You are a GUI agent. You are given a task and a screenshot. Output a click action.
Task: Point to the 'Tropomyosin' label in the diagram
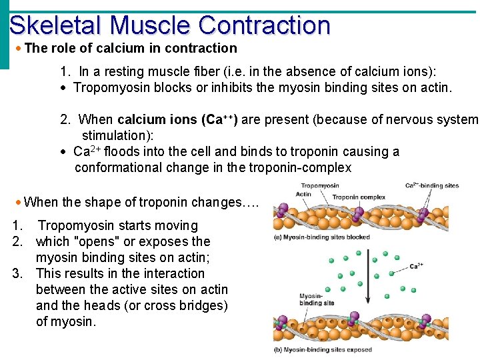click(319, 186)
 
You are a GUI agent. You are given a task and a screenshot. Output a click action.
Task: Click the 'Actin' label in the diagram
click(303, 195)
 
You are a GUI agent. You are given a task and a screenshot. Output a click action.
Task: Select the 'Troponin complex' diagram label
click(359, 197)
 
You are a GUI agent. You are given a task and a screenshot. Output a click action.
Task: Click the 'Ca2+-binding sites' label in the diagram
click(432, 186)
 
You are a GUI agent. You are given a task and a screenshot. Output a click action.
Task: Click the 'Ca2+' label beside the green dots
click(415, 266)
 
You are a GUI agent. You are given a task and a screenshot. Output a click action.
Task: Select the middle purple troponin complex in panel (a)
click(358, 213)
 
